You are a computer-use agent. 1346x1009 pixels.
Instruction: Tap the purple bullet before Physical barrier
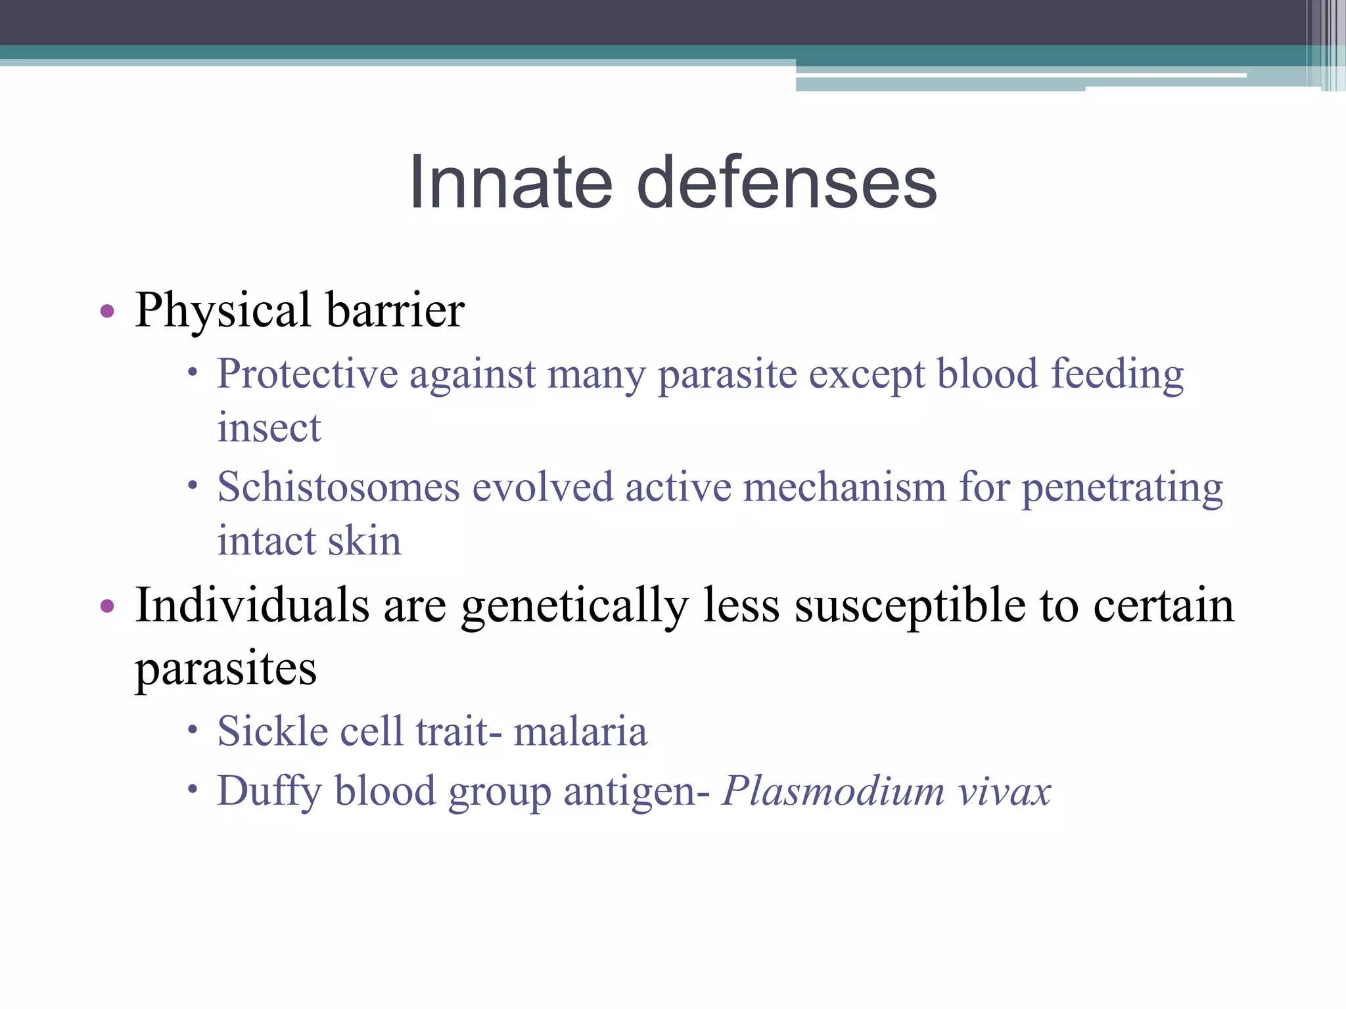click(108, 311)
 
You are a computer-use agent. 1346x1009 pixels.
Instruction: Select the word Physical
click(223, 311)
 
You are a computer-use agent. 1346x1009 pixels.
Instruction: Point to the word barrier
click(395, 311)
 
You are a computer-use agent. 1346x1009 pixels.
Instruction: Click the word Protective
click(308, 374)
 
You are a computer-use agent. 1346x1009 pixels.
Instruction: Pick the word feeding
click(1117, 374)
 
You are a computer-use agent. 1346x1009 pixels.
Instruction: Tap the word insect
click(269, 428)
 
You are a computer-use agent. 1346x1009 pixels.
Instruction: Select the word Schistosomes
click(338, 488)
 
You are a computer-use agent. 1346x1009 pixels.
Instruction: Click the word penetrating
click(1122, 488)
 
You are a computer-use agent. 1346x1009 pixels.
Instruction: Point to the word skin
click(364, 541)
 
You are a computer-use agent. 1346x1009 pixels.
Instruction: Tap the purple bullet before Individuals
click(108, 606)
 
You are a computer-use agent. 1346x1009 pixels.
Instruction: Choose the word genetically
click(574, 606)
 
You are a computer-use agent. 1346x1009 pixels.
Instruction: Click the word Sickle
click(273, 731)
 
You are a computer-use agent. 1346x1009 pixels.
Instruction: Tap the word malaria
click(580, 731)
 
